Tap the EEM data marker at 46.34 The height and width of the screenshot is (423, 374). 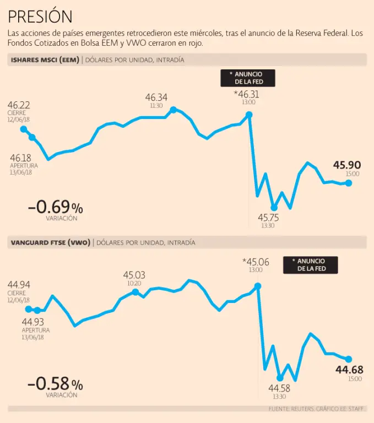point(174,110)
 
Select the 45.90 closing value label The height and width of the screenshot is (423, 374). point(347,165)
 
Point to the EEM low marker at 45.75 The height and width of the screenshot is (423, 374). point(274,208)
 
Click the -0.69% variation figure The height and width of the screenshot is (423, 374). point(56,207)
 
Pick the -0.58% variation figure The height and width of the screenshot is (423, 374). point(56,383)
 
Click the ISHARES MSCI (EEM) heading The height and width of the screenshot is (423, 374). point(45,60)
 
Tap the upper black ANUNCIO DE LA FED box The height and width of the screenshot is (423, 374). point(248,78)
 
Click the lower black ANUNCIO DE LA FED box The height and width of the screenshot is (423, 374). point(311,265)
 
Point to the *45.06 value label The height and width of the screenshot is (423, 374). point(256,262)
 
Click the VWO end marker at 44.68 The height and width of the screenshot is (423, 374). point(348,359)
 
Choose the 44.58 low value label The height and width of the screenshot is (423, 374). point(279,388)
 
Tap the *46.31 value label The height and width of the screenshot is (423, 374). point(247,94)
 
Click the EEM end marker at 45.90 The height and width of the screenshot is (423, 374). point(348,183)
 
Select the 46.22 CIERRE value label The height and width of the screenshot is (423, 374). point(19,105)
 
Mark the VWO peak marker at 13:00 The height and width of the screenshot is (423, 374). point(257,286)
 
